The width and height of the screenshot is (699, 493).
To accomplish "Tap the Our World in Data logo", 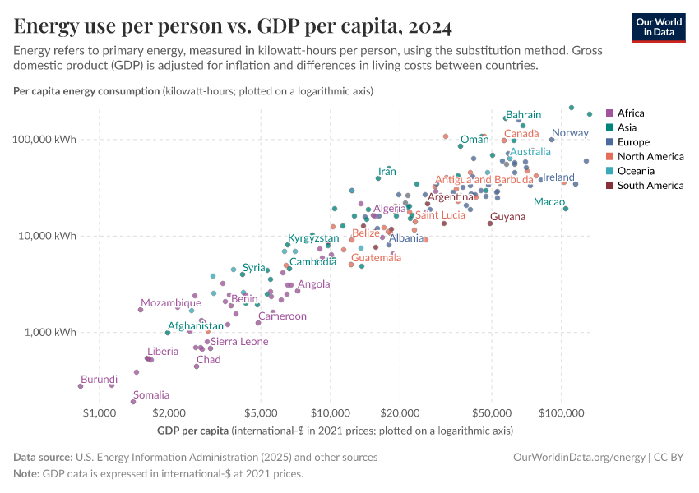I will click(x=658, y=27).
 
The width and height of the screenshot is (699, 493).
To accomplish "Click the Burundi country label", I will click(x=99, y=380).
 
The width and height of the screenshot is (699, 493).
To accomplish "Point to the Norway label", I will click(x=570, y=133).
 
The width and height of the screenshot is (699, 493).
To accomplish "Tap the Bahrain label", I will click(x=523, y=115).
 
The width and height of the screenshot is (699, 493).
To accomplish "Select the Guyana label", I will click(x=507, y=217).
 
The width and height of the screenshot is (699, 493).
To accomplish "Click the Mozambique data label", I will click(x=170, y=303).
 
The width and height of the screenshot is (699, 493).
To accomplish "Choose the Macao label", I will click(x=549, y=202).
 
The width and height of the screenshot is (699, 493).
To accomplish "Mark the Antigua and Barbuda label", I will click(x=484, y=180).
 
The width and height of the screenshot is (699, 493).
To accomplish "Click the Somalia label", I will click(x=151, y=395).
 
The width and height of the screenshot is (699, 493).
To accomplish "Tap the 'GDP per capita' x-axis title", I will click(x=192, y=431).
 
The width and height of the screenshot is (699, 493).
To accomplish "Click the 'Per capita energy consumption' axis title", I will click(x=86, y=91).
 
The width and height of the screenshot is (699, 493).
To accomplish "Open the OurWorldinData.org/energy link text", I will click(x=578, y=457).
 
